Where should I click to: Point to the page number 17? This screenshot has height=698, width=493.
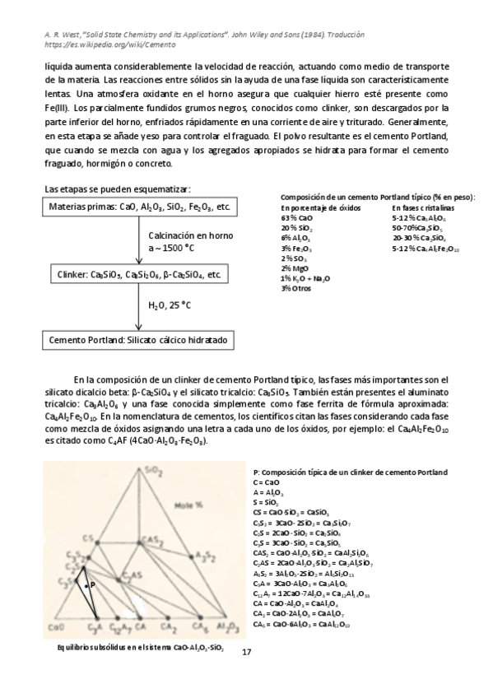[246, 652]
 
